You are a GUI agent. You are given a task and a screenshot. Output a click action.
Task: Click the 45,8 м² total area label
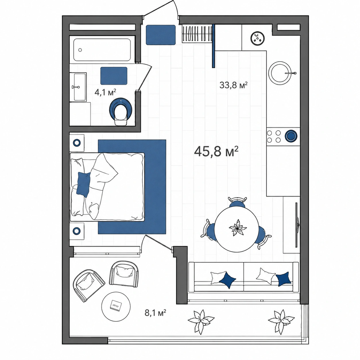(216, 151)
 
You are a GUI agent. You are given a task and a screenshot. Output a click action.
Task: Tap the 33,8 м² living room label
(233, 85)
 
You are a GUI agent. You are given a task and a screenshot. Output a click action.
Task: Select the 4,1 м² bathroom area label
(106, 92)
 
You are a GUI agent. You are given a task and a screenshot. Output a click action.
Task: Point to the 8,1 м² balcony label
(155, 313)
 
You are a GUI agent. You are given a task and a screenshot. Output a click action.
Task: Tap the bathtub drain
(80, 50)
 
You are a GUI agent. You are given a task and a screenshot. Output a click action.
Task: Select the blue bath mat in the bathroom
(114, 76)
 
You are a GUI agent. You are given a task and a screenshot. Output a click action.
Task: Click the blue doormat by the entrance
(161, 35)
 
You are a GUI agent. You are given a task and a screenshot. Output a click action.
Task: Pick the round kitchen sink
(280, 73)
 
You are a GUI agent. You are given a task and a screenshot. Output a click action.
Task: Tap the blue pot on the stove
(291, 136)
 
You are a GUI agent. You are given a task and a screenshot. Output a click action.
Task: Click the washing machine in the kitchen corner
(257, 38)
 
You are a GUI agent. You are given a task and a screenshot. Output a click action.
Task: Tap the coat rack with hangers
(197, 33)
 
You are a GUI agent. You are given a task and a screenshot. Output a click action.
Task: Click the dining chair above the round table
(237, 202)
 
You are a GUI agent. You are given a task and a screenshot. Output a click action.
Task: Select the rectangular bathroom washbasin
(78, 87)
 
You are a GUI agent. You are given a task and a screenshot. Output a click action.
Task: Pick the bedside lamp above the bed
(77, 143)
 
